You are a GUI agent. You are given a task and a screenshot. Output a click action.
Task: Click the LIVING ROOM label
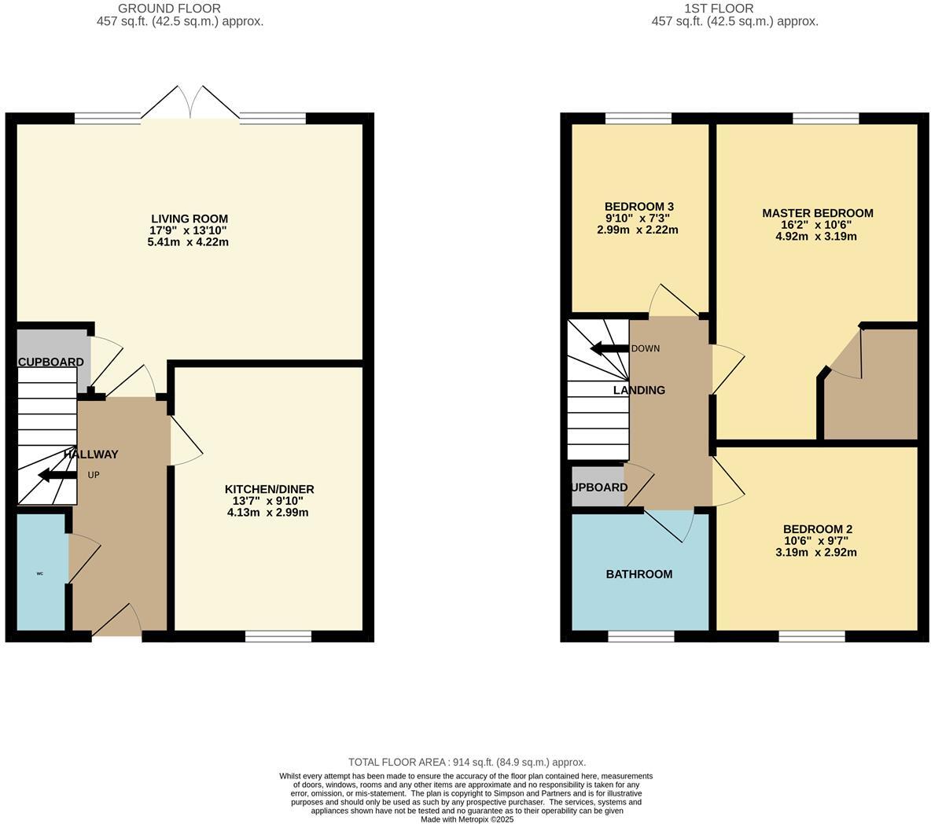coord(190,219)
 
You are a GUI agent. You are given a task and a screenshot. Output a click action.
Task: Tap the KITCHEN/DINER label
coord(269,489)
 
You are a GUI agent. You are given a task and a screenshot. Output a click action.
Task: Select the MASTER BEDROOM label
coord(817,213)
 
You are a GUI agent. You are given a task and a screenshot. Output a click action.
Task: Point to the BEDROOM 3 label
coord(638,207)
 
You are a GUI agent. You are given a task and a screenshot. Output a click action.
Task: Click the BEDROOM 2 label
coord(817,529)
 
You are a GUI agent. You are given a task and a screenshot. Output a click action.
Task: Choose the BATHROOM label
coord(638,574)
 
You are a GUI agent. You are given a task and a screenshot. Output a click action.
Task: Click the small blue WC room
coord(41,572)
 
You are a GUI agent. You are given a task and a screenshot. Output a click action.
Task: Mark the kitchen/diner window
coord(278,636)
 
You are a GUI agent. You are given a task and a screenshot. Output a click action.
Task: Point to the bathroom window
coord(641,636)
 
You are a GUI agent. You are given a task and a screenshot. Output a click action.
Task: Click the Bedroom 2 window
coord(811,636)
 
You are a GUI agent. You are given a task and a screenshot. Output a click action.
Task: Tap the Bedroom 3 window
coord(638,118)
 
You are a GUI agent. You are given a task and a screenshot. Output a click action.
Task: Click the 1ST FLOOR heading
coord(719,9)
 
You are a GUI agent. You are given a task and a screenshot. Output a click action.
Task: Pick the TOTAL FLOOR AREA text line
coord(467,762)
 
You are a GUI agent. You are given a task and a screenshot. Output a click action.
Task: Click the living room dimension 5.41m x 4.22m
coord(189,242)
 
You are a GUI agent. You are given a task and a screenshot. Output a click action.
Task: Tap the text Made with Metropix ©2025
coord(467,818)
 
